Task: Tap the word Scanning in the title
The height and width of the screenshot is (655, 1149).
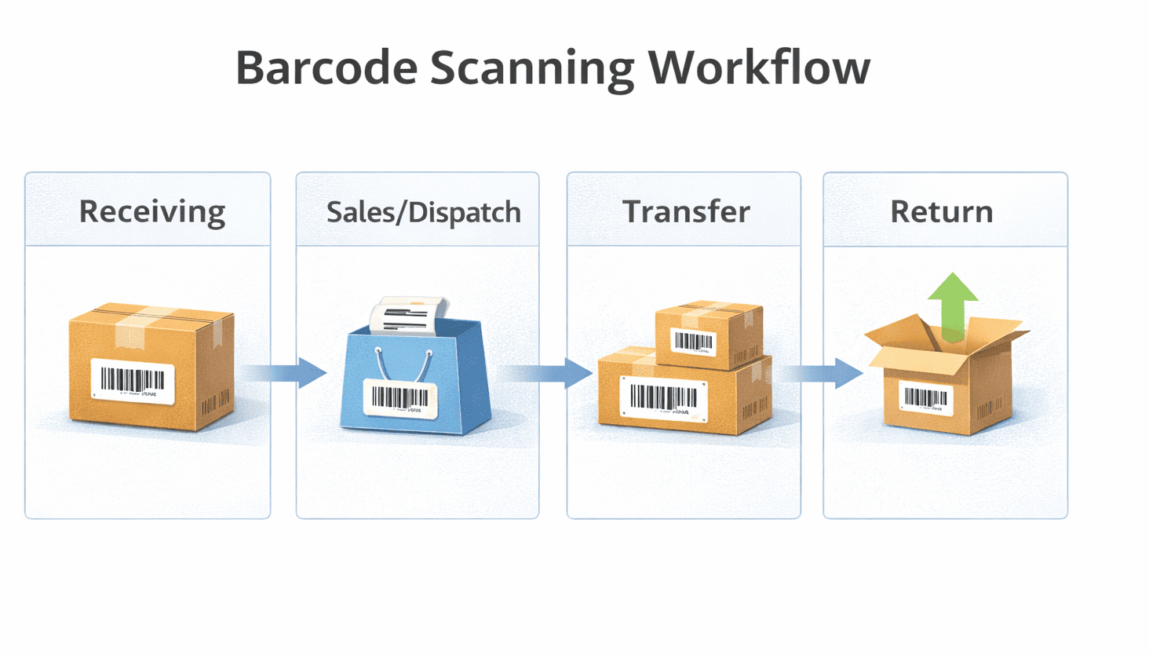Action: pos(532,68)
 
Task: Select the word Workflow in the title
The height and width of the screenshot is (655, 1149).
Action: pos(759,68)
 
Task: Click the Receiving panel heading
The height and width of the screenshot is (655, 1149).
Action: pos(152,211)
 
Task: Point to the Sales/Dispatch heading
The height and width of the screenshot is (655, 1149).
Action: pos(423,211)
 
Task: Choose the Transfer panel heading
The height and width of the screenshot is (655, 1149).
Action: pos(686,211)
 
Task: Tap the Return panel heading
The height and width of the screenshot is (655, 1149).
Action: pos(941,211)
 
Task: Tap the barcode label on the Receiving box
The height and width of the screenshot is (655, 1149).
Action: pos(133,381)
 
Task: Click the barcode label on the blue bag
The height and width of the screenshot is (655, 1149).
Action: pos(400,398)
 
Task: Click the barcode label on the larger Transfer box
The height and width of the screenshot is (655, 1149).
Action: pos(664,397)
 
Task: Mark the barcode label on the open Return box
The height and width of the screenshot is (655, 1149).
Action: pos(926,398)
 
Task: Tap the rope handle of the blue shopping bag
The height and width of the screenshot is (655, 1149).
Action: pos(403,368)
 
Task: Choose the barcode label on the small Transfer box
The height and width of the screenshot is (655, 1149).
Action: pos(693,342)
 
